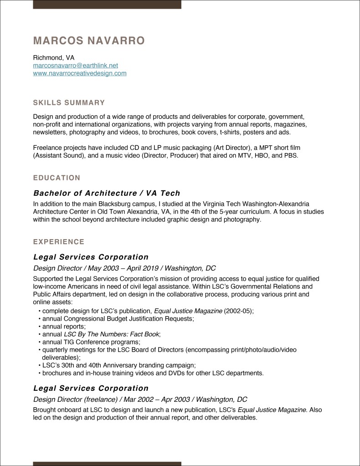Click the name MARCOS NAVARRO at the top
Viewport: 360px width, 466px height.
click(89, 41)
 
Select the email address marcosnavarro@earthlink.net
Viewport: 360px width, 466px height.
click(75, 66)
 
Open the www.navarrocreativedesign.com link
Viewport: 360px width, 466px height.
click(79, 73)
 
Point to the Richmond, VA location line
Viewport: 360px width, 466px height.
click(53, 58)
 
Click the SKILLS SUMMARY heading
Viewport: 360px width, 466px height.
click(69, 103)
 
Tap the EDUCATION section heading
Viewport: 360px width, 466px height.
click(57, 178)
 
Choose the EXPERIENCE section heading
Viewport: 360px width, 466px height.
click(58, 242)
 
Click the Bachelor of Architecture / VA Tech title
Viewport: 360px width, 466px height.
click(107, 193)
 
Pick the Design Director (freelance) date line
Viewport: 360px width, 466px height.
click(140, 399)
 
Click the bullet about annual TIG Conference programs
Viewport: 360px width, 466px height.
click(91, 342)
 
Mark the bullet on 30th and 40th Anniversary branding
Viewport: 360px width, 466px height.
click(118, 365)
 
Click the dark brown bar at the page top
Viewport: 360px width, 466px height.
click(107, 4)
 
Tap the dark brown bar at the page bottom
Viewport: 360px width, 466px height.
click(107, 463)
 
